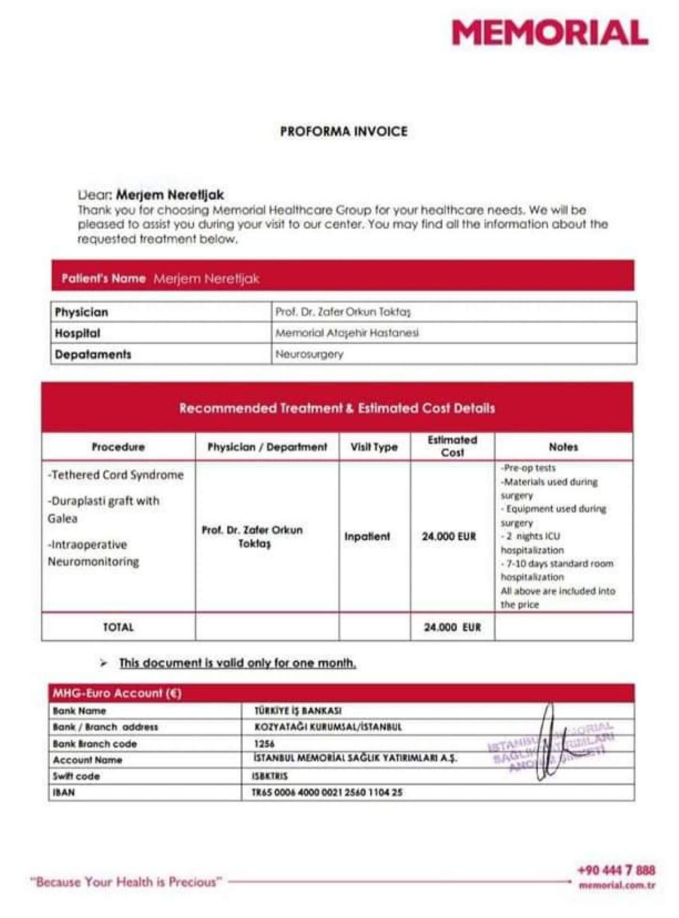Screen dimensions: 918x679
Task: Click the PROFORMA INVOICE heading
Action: [x=344, y=131]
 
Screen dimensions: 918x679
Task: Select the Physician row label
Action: [x=82, y=312]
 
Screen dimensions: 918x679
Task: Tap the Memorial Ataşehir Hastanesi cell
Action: [x=347, y=333]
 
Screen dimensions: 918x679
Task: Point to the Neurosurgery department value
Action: [x=309, y=354]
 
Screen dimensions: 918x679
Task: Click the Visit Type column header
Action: [x=374, y=447]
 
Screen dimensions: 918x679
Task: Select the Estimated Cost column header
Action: [x=452, y=446]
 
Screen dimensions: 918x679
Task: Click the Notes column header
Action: [x=563, y=447]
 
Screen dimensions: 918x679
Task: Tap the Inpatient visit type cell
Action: [x=367, y=536]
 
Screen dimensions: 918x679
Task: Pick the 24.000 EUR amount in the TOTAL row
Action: [x=452, y=627]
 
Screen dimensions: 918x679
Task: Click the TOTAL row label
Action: [x=118, y=627]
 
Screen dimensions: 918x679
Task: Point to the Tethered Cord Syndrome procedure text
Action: [x=116, y=475]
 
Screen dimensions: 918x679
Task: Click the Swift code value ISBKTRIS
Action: [x=270, y=776]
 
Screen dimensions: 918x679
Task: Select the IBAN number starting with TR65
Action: [x=327, y=793]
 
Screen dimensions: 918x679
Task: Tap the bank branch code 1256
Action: [x=264, y=744]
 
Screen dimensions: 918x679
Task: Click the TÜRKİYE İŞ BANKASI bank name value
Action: [x=298, y=711]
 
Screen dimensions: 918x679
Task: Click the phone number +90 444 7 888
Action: [x=616, y=870]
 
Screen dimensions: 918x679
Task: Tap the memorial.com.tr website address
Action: [x=617, y=886]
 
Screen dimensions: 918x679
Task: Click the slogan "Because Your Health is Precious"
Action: [x=126, y=882]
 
